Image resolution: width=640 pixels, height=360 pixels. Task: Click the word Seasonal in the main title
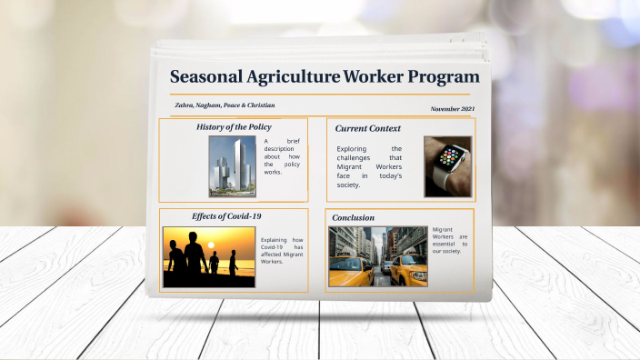(207, 77)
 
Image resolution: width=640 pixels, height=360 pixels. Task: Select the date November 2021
(452, 109)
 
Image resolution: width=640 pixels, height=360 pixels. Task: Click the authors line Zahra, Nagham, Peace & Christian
(225, 105)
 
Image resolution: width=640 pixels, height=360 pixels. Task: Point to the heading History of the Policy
(234, 127)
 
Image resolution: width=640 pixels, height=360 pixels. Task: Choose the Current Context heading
(367, 128)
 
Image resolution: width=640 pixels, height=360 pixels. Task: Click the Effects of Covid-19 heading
(226, 216)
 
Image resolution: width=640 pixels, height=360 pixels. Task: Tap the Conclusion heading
(353, 218)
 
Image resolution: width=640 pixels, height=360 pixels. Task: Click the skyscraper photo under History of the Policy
(233, 166)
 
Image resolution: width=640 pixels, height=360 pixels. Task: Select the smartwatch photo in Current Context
(447, 167)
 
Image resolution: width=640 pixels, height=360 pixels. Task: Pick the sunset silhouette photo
(208, 257)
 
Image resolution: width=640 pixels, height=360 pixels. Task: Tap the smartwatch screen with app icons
(449, 156)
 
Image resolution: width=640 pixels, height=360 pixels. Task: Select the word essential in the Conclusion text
(443, 244)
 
